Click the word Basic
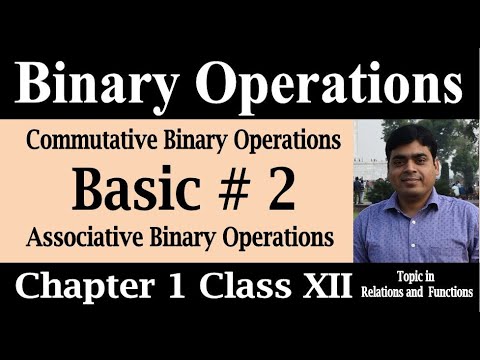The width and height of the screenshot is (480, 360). point(151,189)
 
